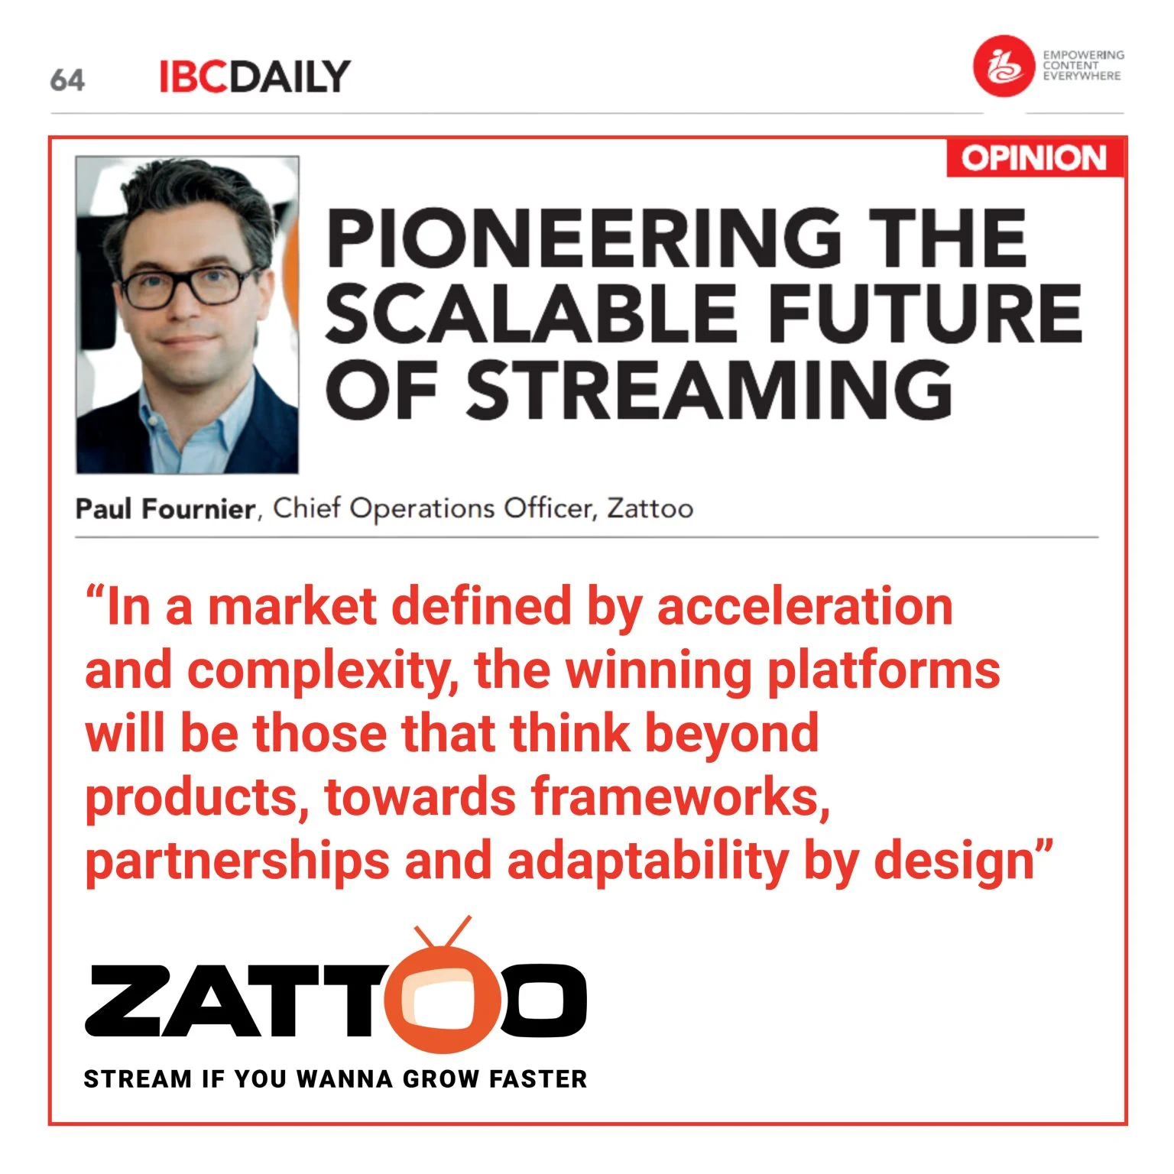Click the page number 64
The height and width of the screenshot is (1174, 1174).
(x=67, y=79)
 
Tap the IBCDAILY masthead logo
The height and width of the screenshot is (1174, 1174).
(x=255, y=77)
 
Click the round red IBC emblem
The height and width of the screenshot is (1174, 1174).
(x=1003, y=66)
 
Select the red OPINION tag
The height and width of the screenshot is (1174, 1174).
(x=1034, y=158)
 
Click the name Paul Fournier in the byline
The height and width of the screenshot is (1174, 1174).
(x=165, y=509)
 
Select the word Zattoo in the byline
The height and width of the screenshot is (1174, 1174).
(x=650, y=508)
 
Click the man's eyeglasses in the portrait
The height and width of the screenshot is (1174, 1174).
(x=182, y=286)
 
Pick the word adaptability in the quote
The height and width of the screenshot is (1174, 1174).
(x=647, y=861)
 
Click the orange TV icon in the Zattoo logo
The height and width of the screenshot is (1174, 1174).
(x=443, y=994)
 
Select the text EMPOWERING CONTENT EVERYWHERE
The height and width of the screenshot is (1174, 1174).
(x=1082, y=66)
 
